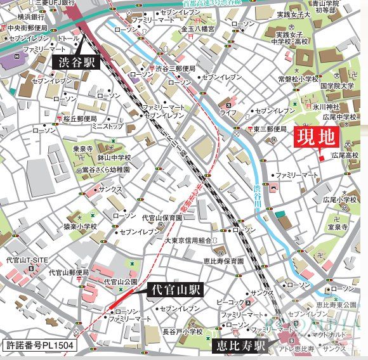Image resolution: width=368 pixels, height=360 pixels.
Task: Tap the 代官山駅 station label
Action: coord(175,290)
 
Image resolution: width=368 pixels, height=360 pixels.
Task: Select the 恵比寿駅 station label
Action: coord(239,346)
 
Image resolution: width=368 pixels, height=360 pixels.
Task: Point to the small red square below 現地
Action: coord(322,157)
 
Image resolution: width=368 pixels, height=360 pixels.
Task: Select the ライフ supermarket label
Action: coord(228,112)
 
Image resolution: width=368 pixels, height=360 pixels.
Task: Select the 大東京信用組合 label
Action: coord(188,240)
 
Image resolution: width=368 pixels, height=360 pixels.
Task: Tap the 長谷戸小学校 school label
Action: coord(181,331)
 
